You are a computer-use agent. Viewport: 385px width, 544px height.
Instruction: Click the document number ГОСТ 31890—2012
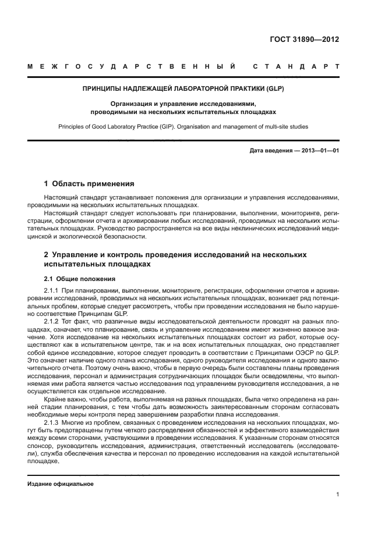pos(305,40)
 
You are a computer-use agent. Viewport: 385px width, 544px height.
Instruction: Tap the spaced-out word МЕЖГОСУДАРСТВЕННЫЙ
pos(131,67)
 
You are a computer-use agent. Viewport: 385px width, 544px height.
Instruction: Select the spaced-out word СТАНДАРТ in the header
pos(296,67)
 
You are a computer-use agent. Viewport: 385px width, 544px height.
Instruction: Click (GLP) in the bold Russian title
pos(273,89)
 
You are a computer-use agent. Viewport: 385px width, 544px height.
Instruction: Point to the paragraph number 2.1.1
pos(52,290)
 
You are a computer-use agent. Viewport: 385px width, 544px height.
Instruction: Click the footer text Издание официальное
pos(61,484)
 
